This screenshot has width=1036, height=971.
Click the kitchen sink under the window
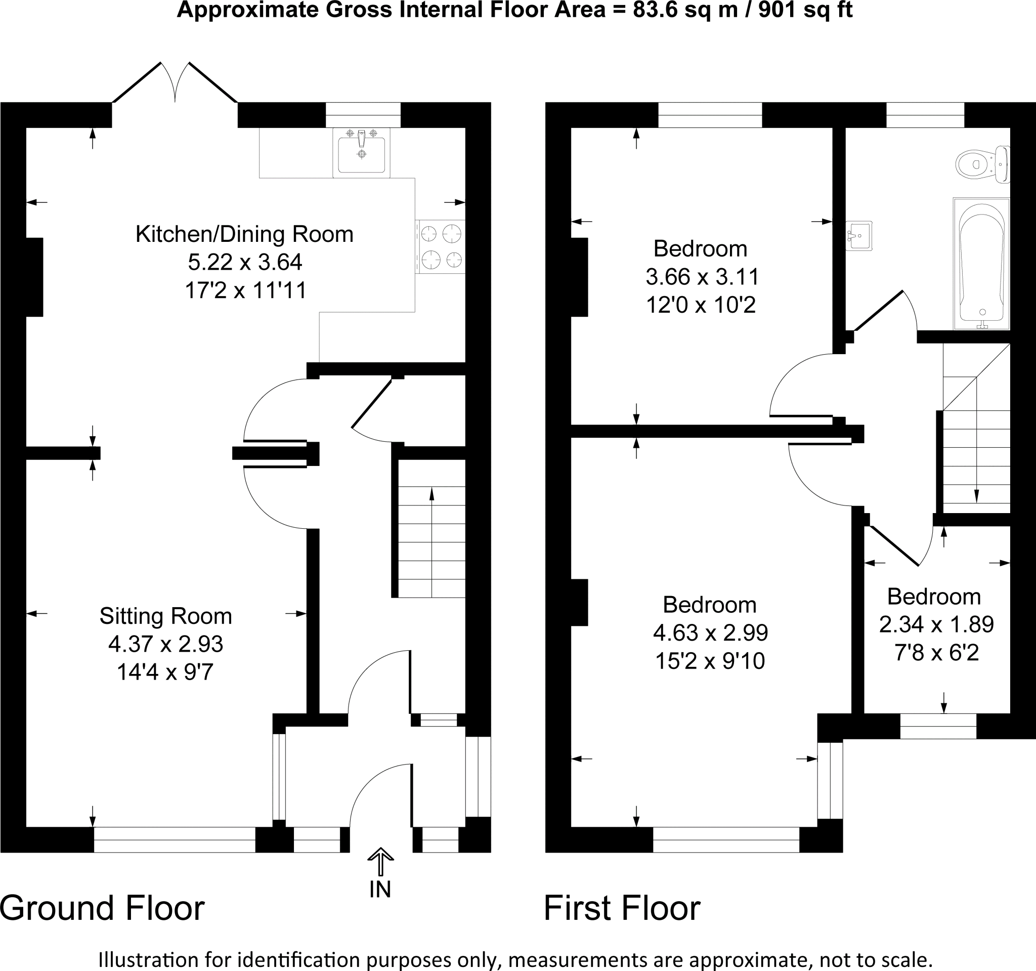[361, 153]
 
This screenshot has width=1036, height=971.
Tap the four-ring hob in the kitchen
[441, 246]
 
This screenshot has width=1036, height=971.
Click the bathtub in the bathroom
[981, 263]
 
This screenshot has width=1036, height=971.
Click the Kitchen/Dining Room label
[244, 234]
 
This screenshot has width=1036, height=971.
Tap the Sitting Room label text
[166, 616]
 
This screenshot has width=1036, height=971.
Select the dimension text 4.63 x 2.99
[710, 632]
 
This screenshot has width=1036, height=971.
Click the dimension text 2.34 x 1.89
[936, 624]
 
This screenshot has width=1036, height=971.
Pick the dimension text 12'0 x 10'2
[701, 305]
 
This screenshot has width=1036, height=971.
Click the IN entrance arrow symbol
[380, 861]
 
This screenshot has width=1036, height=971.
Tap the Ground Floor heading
[102, 908]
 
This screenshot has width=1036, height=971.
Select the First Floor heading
[622, 908]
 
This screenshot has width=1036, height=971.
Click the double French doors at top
[175, 83]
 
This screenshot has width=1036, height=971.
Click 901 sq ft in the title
[805, 11]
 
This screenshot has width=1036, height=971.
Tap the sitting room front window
[175, 839]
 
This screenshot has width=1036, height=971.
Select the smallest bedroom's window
[938, 726]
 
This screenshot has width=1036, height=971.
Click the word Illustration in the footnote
[141, 959]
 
